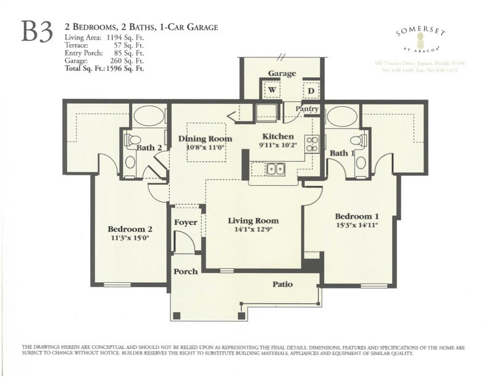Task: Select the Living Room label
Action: pyautogui.click(x=253, y=220)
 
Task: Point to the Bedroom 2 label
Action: pyautogui.click(x=129, y=227)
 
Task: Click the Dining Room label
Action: pyautogui.click(x=205, y=139)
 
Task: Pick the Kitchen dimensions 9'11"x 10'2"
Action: pyautogui.click(x=279, y=146)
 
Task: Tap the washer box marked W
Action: pyautogui.click(x=271, y=90)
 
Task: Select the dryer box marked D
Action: pyautogui.click(x=311, y=90)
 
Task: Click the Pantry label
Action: pyautogui.click(x=307, y=109)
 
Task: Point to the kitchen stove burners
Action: pyautogui.click(x=312, y=144)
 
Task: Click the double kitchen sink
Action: pyautogui.click(x=275, y=169)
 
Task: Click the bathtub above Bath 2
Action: pyautogui.click(x=149, y=117)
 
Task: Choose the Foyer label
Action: pyautogui.click(x=185, y=222)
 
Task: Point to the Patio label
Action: pyautogui.click(x=282, y=284)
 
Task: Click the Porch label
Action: pyautogui.click(x=185, y=271)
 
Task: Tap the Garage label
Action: pyautogui.click(x=282, y=73)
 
